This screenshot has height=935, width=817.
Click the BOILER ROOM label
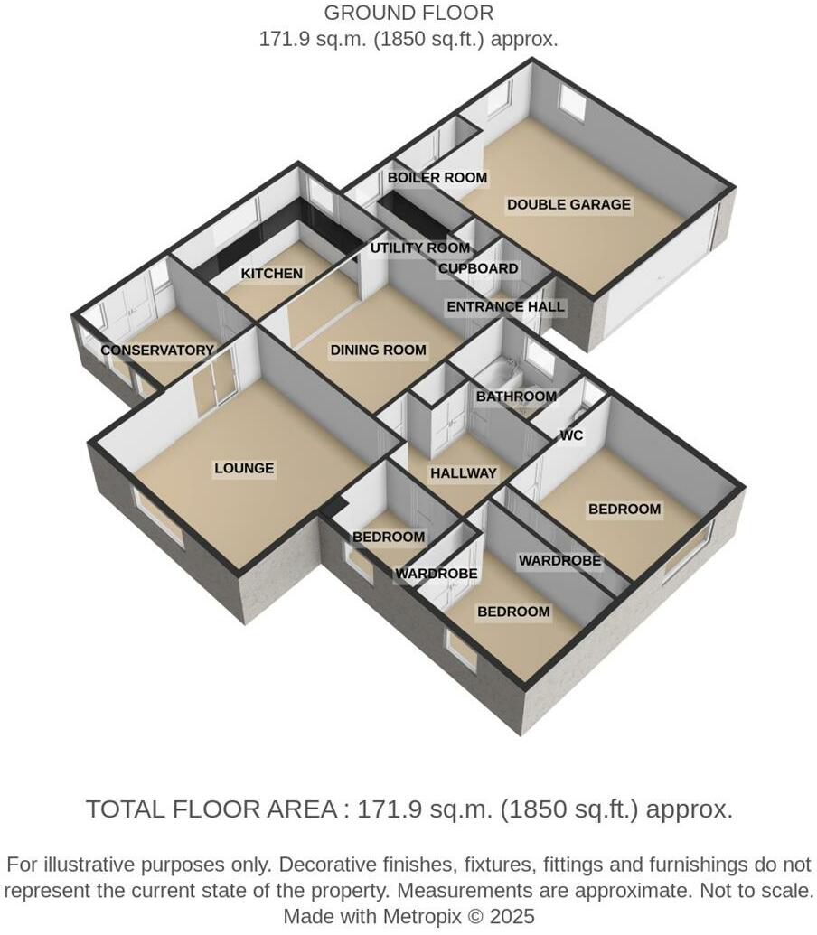[x=437, y=178]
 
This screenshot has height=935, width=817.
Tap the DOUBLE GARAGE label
[x=568, y=205]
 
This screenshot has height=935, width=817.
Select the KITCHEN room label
[x=271, y=273]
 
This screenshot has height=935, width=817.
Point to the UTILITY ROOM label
[x=420, y=248]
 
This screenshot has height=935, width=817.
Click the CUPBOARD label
[x=478, y=268]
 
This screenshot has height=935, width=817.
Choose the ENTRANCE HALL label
[x=505, y=306]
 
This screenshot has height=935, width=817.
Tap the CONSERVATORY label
[x=157, y=351]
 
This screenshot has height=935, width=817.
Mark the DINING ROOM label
[x=378, y=350]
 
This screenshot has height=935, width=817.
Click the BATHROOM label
[x=516, y=397]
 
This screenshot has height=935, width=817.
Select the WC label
[x=571, y=435]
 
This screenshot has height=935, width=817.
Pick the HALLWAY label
[x=463, y=473]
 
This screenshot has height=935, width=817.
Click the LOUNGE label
[x=244, y=468]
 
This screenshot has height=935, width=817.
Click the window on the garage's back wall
[x=571, y=101]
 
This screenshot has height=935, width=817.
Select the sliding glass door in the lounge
[x=214, y=386]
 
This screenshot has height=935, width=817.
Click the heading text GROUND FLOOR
[x=408, y=14]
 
